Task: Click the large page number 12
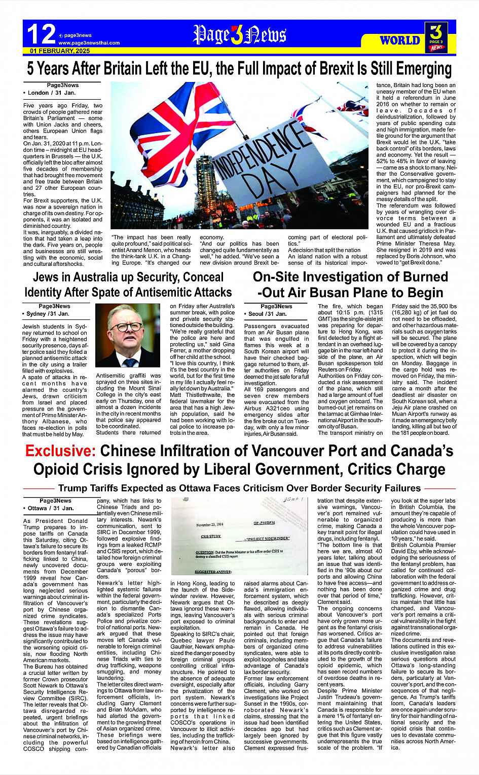(x=41, y=34)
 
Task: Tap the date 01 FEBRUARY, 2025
(x=60, y=51)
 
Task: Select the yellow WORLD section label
(x=400, y=40)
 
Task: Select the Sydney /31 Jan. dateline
(x=48, y=314)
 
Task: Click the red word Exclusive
(x=60, y=451)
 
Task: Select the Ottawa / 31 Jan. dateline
(x=50, y=508)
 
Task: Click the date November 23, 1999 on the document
(x=210, y=525)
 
